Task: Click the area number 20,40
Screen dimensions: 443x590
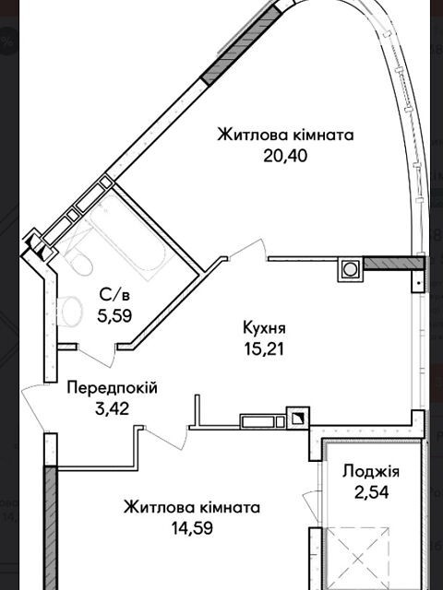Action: point(285,155)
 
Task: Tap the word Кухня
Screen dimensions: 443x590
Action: point(265,328)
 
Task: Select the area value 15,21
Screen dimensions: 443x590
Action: point(264,349)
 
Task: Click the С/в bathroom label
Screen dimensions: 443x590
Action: point(114,295)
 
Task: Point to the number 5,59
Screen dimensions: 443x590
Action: point(114,316)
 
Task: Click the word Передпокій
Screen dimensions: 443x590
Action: point(112,387)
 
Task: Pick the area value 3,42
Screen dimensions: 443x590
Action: point(113,408)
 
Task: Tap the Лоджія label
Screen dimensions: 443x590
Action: point(371,471)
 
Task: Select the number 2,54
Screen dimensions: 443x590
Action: point(371,492)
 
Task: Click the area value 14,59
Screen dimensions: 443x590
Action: point(192,528)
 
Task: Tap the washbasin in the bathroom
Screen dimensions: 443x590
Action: point(69,311)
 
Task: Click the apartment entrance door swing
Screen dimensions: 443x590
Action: point(35,408)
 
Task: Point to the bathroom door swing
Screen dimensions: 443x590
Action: point(97,355)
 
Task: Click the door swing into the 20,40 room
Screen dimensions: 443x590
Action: point(248,249)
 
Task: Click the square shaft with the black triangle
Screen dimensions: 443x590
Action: point(298,418)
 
